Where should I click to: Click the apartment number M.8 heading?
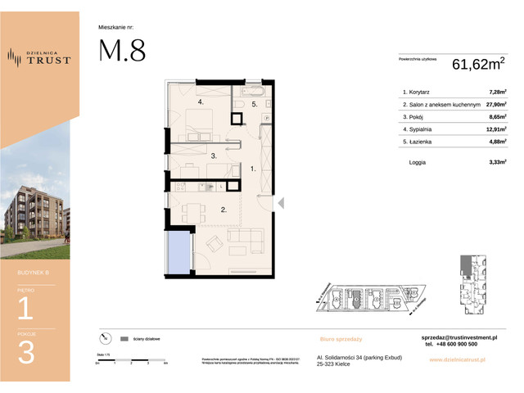(x=122, y=51)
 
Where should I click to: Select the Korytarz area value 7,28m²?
(x=497, y=93)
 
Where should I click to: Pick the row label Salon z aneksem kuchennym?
(x=440, y=105)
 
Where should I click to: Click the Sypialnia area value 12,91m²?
(x=496, y=129)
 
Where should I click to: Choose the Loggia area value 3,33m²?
(x=497, y=163)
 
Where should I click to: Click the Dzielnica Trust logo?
(x=39, y=56)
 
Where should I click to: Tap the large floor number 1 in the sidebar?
(x=26, y=308)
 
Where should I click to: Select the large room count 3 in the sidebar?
(x=26, y=352)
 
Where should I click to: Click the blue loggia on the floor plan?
(x=178, y=252)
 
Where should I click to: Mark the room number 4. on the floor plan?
(x=200, y=102)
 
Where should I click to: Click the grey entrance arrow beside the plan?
(x=280, y=203)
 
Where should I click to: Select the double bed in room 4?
(x=201, y=123)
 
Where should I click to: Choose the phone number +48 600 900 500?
(x=453, y=345)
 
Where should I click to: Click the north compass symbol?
(x=104, y=337)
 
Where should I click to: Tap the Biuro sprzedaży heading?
(x=341, y=338)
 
